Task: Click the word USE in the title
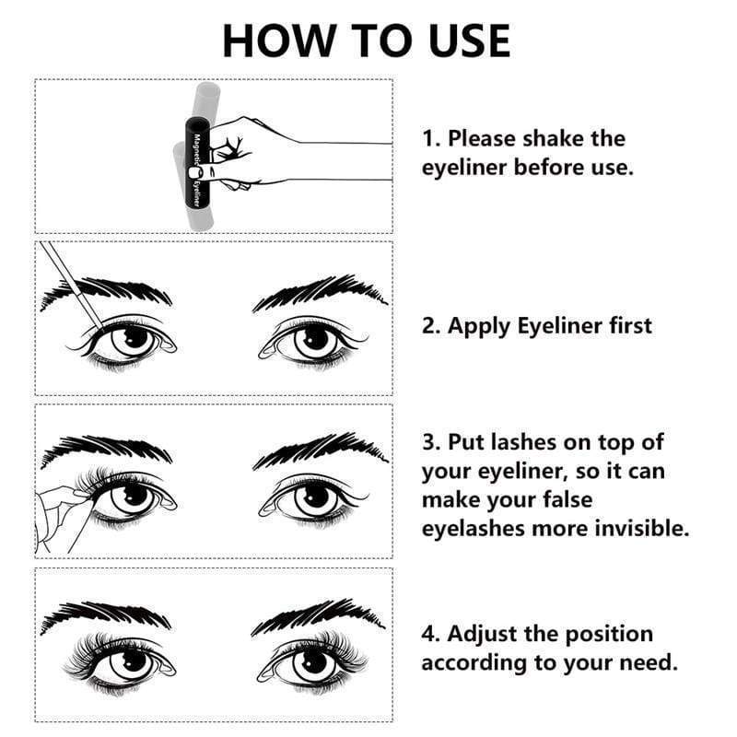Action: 461,40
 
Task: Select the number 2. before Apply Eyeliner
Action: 432,326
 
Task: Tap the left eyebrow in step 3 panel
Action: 106,451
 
